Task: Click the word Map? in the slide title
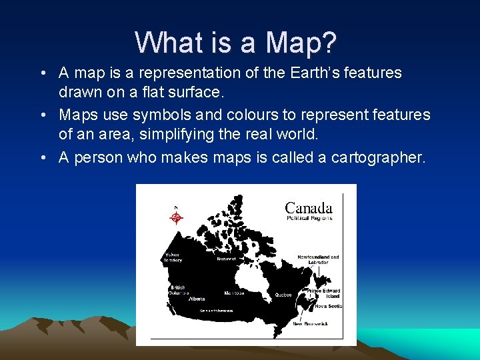[301, 43]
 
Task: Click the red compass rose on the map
[176, 216]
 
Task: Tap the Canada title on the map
[309, 208]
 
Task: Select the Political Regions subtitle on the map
[309, 218]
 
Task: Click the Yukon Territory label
[173, 257]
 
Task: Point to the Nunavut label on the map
[226, 259]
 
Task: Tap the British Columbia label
[178, 290]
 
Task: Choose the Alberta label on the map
[197, 299]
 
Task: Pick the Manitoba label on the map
[234, 293]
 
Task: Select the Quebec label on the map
[283, 294]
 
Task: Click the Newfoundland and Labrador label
[318, 259]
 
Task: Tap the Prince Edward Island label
[323, 293]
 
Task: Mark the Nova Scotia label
[328, 306]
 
